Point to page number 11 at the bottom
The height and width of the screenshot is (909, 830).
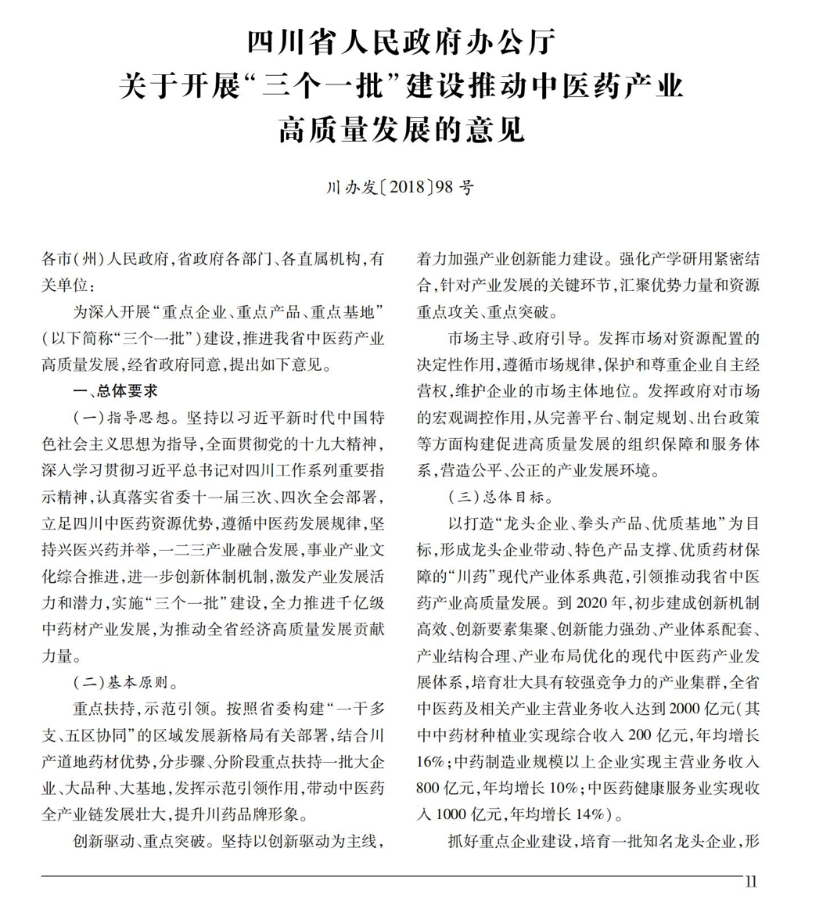[751, 882]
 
